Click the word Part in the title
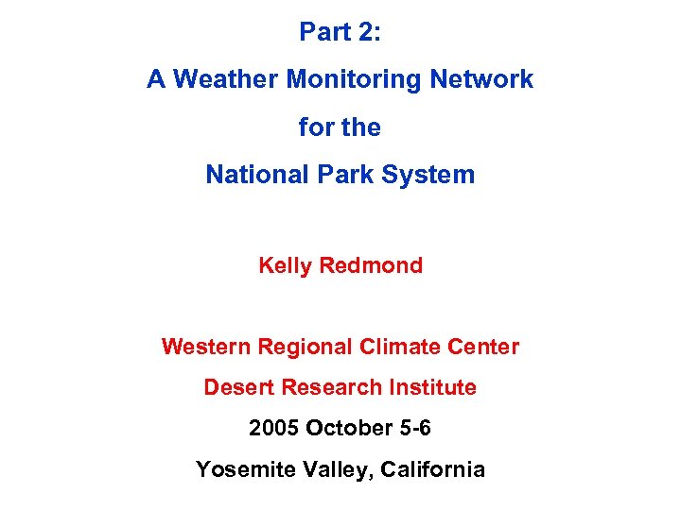322,32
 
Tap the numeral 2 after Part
365,32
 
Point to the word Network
481,79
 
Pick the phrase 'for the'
340,127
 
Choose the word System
428,175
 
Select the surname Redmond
371,265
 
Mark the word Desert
235,387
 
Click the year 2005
274,428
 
